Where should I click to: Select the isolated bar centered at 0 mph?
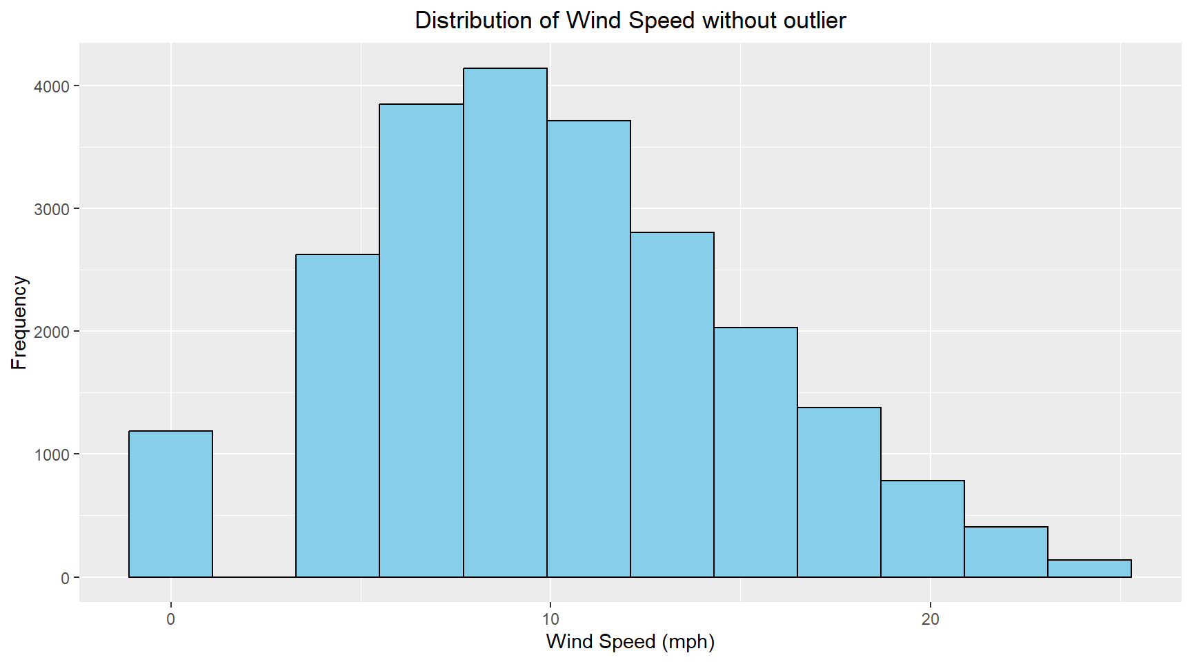pos(170,504)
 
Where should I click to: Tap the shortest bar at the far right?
pos(1089,568)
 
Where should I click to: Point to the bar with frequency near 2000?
pos(755,452)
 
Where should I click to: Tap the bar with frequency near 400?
pos(1006,552)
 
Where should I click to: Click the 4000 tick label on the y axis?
pos(52,86)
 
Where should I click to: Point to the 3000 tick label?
pos(52,209)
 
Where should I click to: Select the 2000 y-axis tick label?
pos(52,332)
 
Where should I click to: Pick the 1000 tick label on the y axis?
pos(52,454)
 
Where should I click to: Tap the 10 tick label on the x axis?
pos(550,619)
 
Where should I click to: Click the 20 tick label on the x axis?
pos(930,619)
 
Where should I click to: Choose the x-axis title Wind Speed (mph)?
pos(630,641)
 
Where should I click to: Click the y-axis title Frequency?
pos(19,323)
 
